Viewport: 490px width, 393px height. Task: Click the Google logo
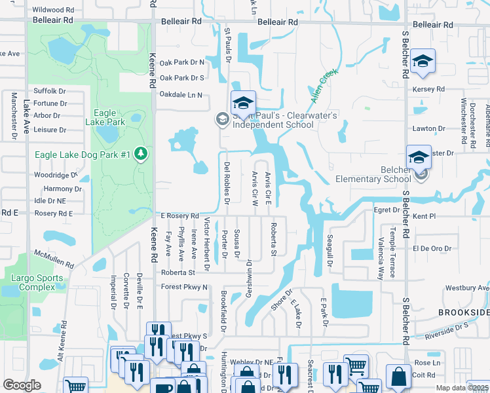coord(22,385)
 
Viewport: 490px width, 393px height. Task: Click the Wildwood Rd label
coord(52,10)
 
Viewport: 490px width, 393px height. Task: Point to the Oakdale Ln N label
coord(181,95)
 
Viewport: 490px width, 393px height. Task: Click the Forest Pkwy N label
coord(184,287)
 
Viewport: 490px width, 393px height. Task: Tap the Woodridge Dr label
coord(55,175)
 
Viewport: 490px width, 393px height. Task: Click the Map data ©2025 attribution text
coord(462,388)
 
